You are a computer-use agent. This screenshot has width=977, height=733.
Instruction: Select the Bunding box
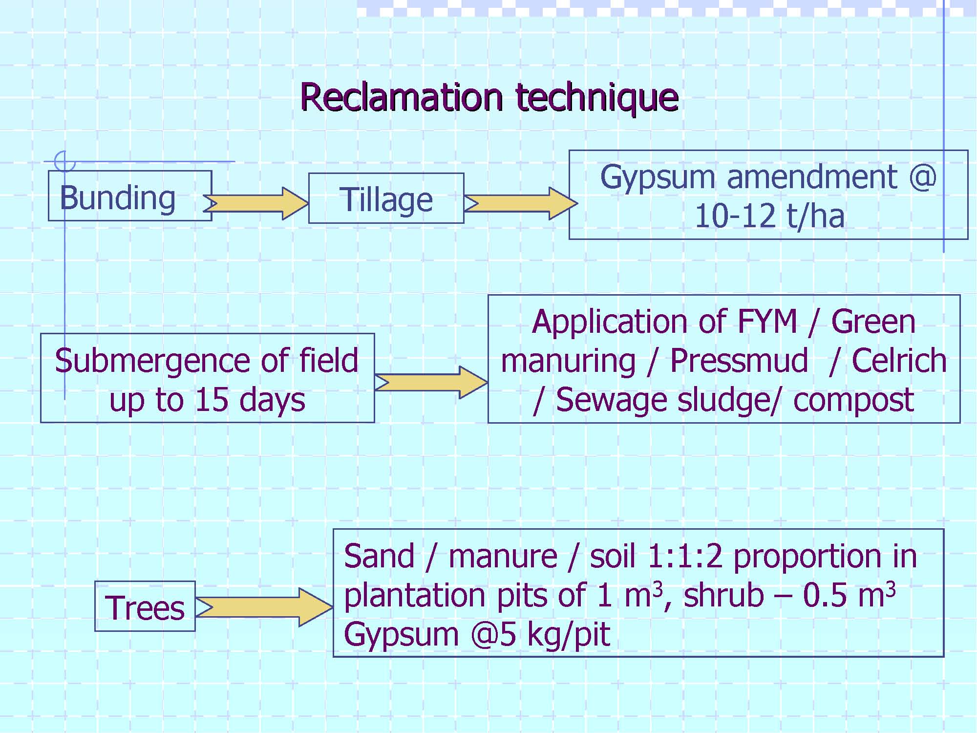click(130, 195)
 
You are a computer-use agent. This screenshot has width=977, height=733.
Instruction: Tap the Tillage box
click(386, 198)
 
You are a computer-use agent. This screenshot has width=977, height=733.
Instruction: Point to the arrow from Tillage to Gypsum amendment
click(521, 203)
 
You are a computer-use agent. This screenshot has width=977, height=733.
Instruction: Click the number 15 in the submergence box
click(212, 400)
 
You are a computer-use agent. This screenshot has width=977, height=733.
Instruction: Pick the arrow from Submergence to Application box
click(431, 382)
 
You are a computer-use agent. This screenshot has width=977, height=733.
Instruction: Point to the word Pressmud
click(739, 361)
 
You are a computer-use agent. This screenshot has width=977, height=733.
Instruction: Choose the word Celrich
click(899, 361)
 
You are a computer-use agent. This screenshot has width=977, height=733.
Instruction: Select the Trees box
click(145, 606)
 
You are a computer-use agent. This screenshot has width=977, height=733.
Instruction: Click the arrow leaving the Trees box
click(264, 607)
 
